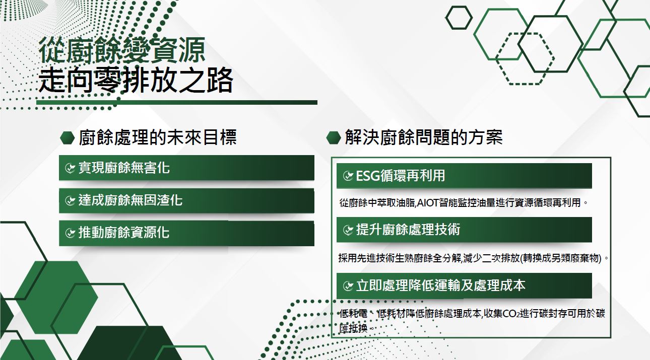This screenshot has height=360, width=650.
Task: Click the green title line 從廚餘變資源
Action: [122, 50]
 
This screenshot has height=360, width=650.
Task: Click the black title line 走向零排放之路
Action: [136, 80]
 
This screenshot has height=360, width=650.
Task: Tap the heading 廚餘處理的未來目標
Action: [158, 137]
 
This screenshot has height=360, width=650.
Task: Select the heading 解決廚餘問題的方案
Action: [424, 137]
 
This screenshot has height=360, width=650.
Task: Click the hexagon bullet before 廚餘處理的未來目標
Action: [68, 137]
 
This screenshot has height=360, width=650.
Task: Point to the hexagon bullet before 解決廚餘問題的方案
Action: [334, 137]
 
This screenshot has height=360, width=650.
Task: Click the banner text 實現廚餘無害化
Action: [124, 168]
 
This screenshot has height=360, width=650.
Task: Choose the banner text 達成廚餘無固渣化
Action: [131, 200]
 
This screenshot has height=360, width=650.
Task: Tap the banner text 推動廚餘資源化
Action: [124, 233]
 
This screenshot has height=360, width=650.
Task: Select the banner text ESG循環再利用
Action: [401, 176]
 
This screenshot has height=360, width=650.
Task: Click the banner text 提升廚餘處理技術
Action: [408, 230]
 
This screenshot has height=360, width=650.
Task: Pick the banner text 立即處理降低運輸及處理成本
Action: [440, 285]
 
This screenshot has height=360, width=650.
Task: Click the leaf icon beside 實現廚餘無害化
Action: [70, 168]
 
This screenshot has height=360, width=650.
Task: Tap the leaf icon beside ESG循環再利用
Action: [348, 176]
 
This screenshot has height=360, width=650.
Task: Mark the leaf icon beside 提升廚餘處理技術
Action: [348, 230]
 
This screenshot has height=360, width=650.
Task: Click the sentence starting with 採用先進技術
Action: [473, 258]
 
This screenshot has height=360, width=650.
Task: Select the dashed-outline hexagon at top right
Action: [525, 59]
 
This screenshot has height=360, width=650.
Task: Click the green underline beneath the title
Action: [177, 103]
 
